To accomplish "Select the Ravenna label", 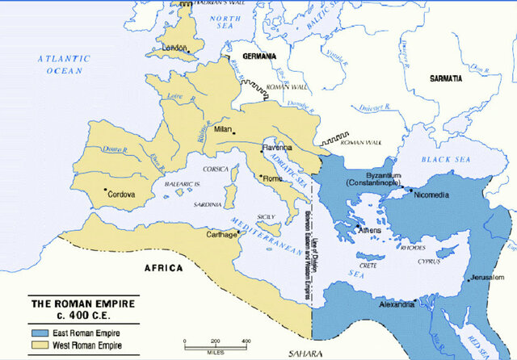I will (x=277, y=149).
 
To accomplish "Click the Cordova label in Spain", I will (x=121, y=194).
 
